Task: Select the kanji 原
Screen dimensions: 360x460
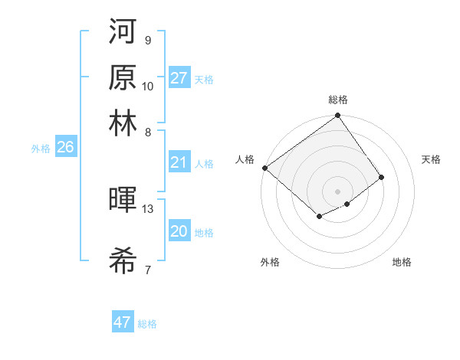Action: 123,77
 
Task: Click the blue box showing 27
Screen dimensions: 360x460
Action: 179,78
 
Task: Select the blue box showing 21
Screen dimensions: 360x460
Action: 179,162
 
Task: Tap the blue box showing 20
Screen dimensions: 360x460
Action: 179,231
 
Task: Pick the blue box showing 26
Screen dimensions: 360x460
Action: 65,148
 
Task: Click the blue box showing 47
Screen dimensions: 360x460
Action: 123,322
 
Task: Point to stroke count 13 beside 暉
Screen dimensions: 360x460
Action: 148,208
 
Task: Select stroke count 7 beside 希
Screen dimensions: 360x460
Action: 147,270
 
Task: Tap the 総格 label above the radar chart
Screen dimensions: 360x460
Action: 338,100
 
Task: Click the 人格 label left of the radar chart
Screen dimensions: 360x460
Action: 245,159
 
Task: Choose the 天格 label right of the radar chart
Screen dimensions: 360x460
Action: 431,159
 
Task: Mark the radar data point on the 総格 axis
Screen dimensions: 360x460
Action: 337,116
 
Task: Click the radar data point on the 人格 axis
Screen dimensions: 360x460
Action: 264,168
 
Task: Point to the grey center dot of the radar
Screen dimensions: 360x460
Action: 337,191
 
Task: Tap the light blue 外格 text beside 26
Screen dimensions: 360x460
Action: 41,149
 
